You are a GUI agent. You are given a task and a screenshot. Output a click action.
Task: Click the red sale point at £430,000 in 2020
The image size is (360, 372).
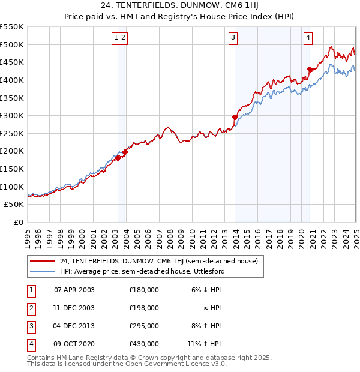pos(310,69)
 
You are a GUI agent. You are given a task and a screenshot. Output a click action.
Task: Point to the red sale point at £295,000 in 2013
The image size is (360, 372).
pos(235,117)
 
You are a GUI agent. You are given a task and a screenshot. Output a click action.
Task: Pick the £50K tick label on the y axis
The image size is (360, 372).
pos(14,205)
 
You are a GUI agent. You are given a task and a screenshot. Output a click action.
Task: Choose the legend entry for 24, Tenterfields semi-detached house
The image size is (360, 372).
pos(158,261)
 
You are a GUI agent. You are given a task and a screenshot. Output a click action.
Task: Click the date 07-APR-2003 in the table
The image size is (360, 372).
pos(74,290)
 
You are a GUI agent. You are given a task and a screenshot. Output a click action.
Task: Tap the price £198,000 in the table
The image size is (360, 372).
pos(144,308)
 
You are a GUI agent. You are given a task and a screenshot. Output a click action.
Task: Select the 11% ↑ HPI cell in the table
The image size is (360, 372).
pos(205,344)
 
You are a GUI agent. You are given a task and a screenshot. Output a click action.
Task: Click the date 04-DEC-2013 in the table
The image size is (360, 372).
pos(74,326)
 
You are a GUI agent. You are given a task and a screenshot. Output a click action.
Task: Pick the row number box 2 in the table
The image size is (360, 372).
pos(31,308)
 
